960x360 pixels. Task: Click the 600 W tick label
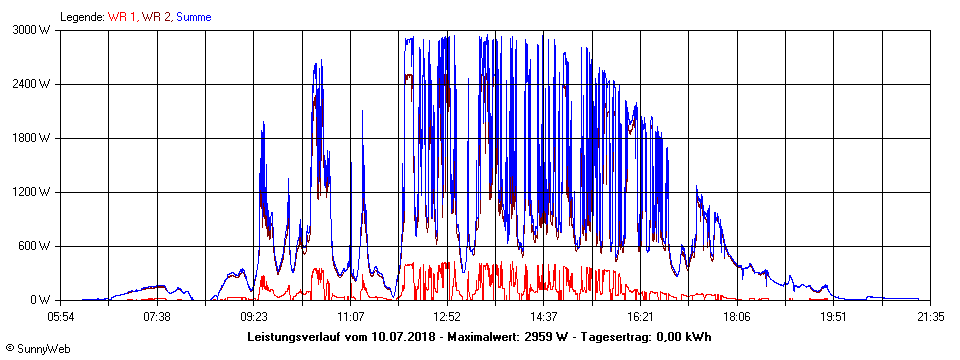point(36,246)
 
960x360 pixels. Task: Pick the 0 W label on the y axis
point(40,300)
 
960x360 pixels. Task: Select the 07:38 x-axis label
point(157,317)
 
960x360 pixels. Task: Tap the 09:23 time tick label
point(254,317)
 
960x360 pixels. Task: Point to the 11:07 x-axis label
point(350,317)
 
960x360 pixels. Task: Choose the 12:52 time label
point(447,317)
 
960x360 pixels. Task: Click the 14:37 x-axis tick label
point(544,317)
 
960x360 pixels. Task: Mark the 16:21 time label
point(640,317)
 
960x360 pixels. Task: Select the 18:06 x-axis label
point(737,317)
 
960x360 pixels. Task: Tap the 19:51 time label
point(834,317)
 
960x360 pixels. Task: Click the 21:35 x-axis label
point(930,317)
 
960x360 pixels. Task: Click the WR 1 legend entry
point(121,17)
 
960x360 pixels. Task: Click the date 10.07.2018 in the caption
point(399,337)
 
